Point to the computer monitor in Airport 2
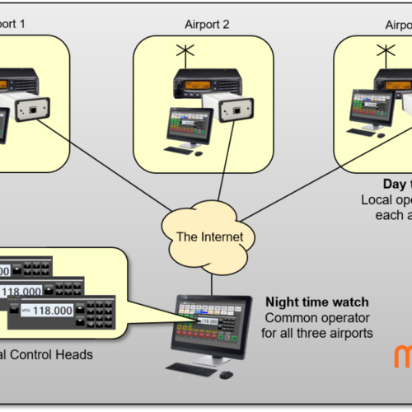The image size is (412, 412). click(x=189, y=123)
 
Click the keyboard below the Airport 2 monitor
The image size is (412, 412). click(x=180, y=150)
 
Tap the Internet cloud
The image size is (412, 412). click(x=209, y=237)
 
